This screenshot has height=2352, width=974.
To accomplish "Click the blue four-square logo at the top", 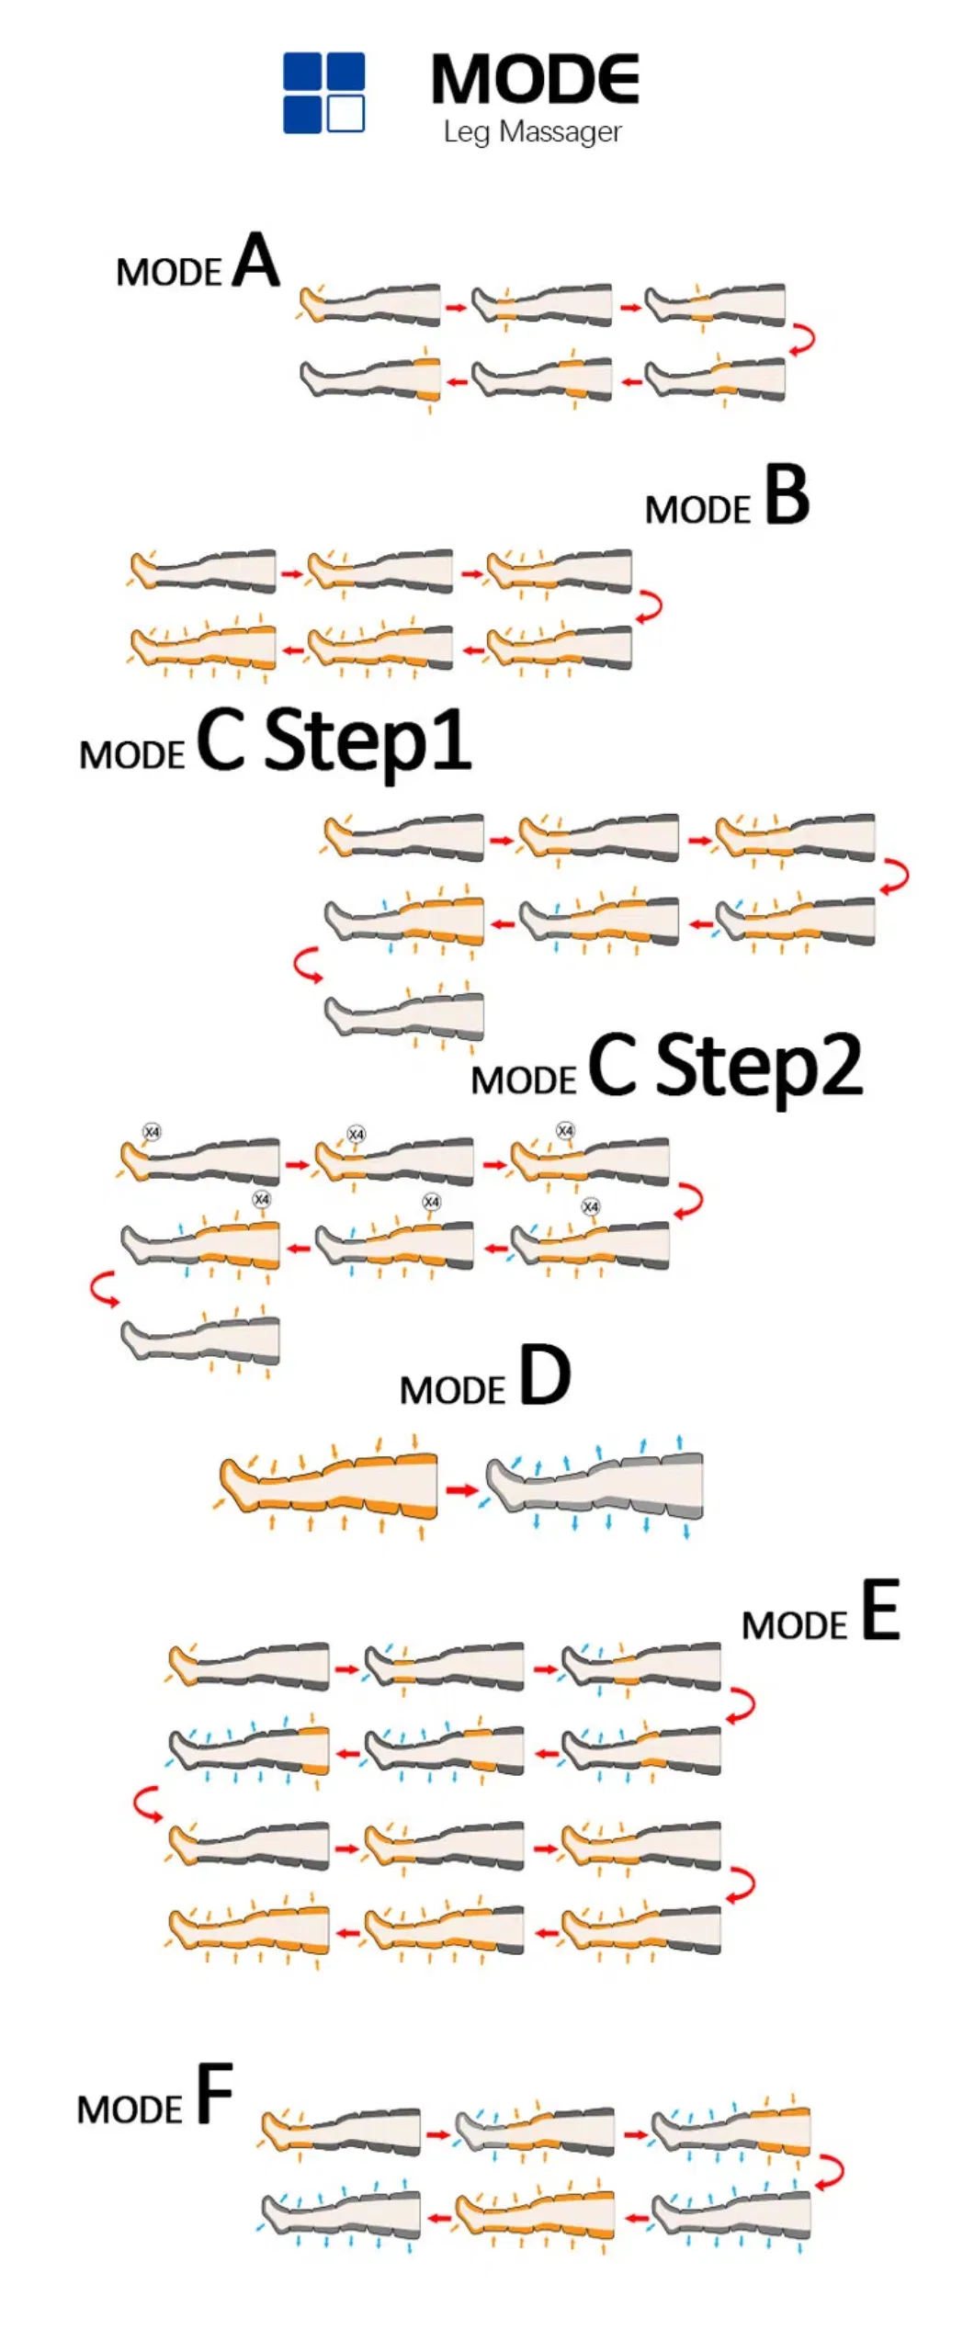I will pos(323,93).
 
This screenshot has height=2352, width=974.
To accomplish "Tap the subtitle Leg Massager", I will pos(532,132).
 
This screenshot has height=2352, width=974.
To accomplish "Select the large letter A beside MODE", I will pos(255,261).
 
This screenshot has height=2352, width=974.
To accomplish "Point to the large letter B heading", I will pos(787,495).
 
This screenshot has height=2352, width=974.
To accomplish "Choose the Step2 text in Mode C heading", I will pos(759,1066).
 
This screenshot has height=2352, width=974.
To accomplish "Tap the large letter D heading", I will pos(545,1375).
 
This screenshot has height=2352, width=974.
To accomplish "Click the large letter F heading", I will pos(215,2094).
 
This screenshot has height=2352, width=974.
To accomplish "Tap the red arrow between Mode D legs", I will pos(462,1489).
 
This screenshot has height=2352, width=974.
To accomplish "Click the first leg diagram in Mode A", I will pos(370,305).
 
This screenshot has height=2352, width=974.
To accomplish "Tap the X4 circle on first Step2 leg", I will pos(152,1132).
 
